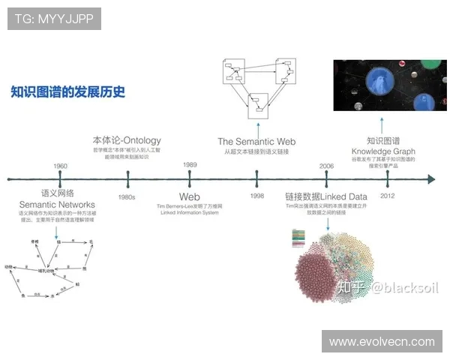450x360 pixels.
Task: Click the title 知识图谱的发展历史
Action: [x=67, y=93]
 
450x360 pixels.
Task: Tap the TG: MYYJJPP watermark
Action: [x=54, y=19]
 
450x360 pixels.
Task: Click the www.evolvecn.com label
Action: [x=382, y=341]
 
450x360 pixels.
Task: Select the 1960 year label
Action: [x=60, y=166]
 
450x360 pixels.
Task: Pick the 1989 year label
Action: [x=190, y=165]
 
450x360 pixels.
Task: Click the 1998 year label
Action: [x=256, y=196]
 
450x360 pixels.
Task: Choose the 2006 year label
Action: [x=326, y=166]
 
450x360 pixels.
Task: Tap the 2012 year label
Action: [x=388, y=196]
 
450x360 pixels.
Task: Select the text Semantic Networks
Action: [x=57, y=205]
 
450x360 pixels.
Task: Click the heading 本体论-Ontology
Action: [x=127, y=140]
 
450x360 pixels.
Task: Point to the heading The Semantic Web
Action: [x=256, y=141]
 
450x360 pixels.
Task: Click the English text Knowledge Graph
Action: [x=383, y=151]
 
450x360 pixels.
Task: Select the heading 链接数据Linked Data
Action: [x=325, y=196]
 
